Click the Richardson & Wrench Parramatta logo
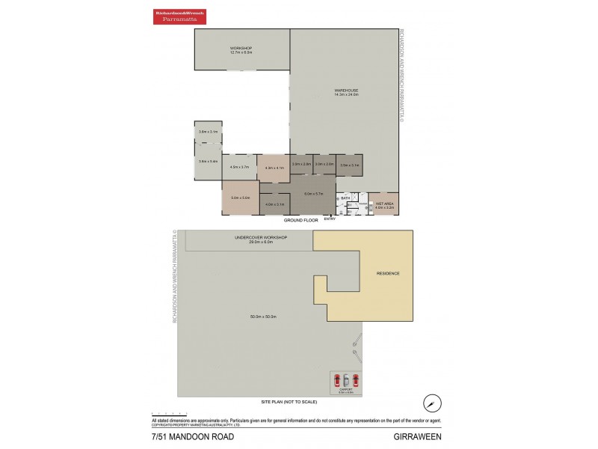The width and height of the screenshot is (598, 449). pos(180,16)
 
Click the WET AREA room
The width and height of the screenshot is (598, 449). pos(384,204)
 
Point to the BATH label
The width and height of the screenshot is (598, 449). pos(345,198)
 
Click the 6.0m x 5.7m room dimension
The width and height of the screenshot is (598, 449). pos(312,194)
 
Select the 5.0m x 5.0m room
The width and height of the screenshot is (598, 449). pos(240,198)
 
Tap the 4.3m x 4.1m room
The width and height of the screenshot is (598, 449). pos(274,168)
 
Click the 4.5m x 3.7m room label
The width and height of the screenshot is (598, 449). pos(239,167)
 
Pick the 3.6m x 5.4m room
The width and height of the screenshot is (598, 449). pos(208,162)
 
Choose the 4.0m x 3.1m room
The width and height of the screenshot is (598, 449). pos(274,204)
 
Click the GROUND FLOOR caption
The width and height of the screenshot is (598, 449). pos(300,221)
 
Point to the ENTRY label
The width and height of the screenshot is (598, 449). pos(330,219)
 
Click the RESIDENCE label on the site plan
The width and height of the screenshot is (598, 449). pos(388,273)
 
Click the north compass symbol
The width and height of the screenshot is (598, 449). pos(431,402)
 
